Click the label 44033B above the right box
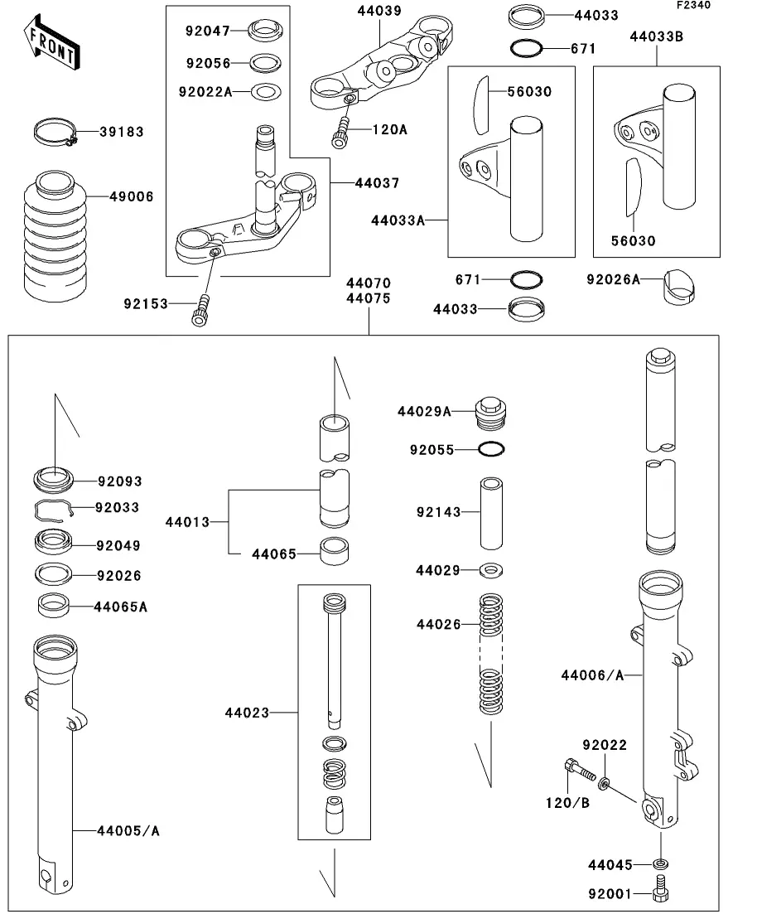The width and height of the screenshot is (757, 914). pyautogui.click(x=656, y=36)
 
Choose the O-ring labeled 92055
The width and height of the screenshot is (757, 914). pyautogui.click(x=492, y=450)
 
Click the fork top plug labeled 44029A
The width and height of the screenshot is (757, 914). pyautogui.click(x=491, y=412)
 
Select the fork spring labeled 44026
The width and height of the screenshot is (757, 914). pyautogui.click(x=492, y=655)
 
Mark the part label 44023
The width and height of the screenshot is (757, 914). pyautogui.click(x=247, y=712)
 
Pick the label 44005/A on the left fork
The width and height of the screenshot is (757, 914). pyautogui.click(x=128, y=830)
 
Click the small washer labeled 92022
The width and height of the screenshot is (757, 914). pyautogui.click(x=605, y=783)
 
